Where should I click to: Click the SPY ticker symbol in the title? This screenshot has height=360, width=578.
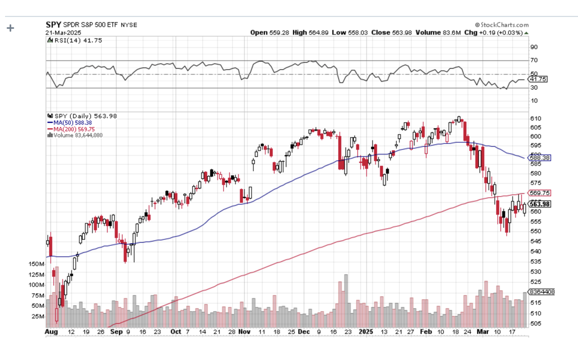pos(53,25)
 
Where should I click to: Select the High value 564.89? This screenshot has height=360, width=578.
pos(319,33)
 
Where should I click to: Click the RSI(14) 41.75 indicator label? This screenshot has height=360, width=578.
pos(77,40)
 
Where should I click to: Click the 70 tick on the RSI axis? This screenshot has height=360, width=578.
pos(534,60)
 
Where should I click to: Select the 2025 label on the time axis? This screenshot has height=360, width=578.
pos(366,332)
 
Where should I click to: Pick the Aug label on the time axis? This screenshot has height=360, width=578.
pos(50,332)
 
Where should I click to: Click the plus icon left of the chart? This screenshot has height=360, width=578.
pos(10,28)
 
